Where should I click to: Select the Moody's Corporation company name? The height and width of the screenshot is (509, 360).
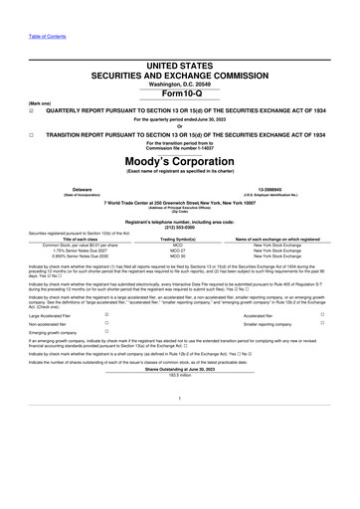[x=179, y=161]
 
